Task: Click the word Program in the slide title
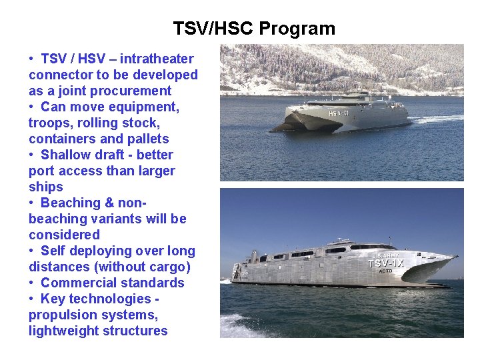coord(297,29)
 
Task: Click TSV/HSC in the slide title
coord(213,29)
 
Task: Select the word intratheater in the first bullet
coord(157,59)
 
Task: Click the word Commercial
coord(79,283)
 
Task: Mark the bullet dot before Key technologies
coord(32,299)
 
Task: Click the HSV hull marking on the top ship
coord(337,114)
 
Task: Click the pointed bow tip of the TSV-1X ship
coord(456,257)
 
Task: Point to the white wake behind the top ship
coord(437,119)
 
